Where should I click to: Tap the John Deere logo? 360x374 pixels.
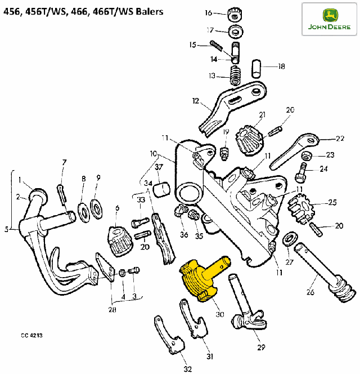point(329,19)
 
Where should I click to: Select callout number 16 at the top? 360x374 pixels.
point(209,12)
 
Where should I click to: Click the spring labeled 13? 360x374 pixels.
point(235,75)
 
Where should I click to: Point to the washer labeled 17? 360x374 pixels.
point(236,31)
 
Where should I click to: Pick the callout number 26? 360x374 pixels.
point(310,292)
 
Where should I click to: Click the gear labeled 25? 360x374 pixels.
point(301,209)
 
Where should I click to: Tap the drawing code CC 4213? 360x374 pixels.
point(31,335)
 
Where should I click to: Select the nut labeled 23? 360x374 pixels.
point(307,156)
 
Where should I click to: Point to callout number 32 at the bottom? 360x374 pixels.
point(188,369)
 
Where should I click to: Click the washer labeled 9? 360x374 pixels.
point(96,209)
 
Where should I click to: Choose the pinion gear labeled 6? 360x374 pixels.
point(120,242)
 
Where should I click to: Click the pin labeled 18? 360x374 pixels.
point(256,69)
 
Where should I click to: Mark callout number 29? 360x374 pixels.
point(261,348)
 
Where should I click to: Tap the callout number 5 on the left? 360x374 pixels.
point(7,229)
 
